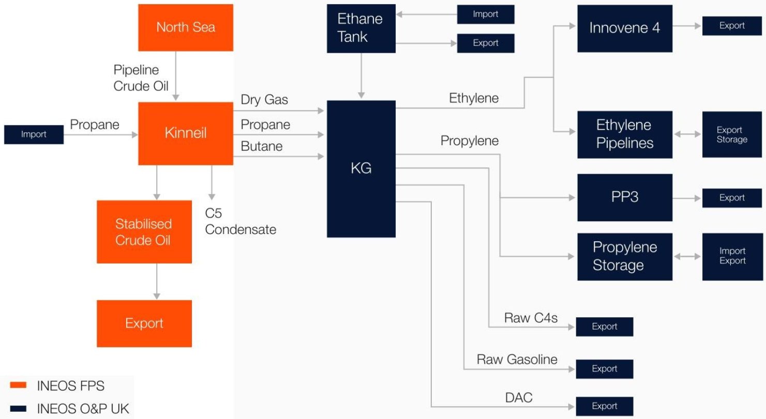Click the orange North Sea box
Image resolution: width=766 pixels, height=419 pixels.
click(x=186, y=27)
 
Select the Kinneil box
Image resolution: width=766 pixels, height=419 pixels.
click(x=186, y=133)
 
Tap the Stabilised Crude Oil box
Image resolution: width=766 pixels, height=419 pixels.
click(x=144, y=232)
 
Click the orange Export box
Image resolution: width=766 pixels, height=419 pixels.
click(x=144, y=323)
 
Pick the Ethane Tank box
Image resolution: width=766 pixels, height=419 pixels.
click(x=361, y=28)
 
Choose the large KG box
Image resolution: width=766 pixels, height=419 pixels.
click(x=361, y=168)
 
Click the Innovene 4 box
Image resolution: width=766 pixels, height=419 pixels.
click(x=625, y=28)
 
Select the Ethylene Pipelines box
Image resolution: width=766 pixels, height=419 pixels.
click(x=625, y=134)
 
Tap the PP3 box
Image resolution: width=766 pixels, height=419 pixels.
click(x=625, y=197)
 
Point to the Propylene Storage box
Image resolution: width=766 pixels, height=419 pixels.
click(x=625, y=256)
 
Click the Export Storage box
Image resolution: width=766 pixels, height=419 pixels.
click(x=732, y=134)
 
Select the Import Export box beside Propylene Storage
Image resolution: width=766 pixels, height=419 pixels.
click(x=732, y=256)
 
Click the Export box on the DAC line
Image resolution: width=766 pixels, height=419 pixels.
click(x=605, y=406)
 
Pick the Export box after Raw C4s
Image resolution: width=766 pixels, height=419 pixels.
click(x=605, y=327)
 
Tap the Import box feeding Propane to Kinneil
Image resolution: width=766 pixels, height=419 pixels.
click(x=34, y=134)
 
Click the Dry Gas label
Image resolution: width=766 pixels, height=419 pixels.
click(x=264, y=100)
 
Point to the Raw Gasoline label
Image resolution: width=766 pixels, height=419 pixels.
click(x=517, y=359)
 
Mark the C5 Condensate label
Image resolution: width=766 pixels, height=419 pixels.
click(x=241, y=222)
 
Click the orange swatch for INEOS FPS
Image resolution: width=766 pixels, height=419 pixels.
click(x=19, y=385)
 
